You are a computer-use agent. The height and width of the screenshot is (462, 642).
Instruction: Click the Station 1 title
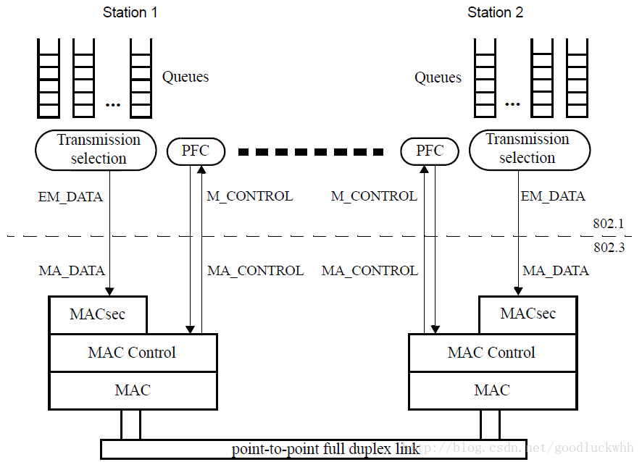(x=130, y=12)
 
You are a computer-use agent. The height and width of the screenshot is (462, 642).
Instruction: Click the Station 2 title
(x=495, y=12)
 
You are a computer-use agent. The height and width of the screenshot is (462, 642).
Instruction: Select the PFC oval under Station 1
(x=196, y=151)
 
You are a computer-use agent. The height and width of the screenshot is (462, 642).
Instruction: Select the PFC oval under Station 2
(x=430, y=151)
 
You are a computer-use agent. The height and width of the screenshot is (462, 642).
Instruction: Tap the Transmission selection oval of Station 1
(x=97, y=149)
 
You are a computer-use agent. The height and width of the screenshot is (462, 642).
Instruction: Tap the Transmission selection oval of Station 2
(x=528, y=149)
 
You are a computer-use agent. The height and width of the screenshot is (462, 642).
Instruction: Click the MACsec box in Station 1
(x=97, y=314)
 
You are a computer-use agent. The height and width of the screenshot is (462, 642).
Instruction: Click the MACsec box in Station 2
(x=528, y=314)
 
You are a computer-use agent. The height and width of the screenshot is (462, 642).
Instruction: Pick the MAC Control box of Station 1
(x=132, y=353)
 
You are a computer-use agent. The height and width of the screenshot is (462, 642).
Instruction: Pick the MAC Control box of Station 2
(x=492, y=353)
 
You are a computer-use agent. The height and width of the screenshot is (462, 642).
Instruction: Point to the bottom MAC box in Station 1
(x=132, y=390)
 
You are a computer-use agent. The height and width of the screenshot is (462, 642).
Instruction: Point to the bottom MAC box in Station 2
(x=492, y=390)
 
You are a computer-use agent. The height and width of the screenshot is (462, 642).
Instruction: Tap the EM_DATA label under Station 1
(x=70, y=196)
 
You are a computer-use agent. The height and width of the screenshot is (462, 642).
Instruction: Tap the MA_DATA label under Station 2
(x=556, y=271)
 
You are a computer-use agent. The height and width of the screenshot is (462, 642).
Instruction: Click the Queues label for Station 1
(x=185, y=77)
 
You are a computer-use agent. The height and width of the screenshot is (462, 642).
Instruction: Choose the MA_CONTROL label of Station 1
(x=255, y=271)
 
